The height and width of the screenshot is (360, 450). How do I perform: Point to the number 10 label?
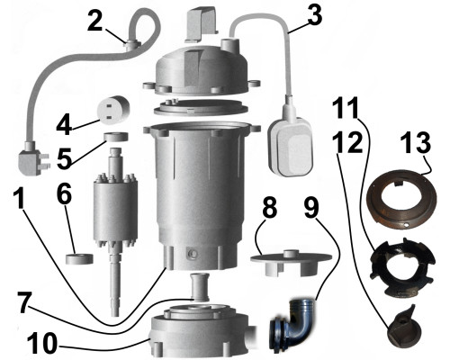[x=42, y=344]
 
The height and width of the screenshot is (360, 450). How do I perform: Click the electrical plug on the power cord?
[x=32, y=159]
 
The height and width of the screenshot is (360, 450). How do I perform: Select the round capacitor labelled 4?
[x=113, y=109]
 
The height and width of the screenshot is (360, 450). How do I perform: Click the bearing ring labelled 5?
[x=116, y=137]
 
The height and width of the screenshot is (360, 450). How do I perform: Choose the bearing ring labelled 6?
[x=79, y=259]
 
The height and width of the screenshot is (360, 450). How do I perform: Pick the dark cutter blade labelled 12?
[x=403, y=328]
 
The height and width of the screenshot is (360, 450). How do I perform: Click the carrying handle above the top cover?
[x=202, y=24]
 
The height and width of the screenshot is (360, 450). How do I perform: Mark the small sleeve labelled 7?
[x=200, y=286]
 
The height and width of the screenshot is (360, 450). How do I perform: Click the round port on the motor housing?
[x=192, y=255]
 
